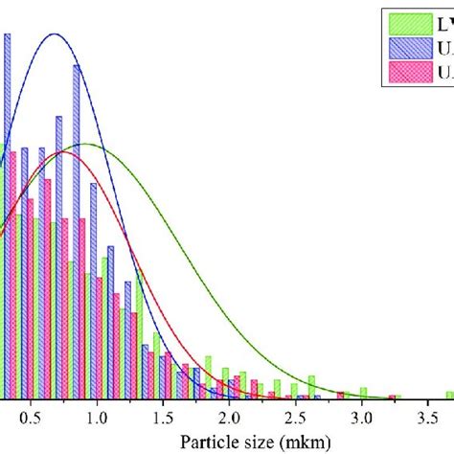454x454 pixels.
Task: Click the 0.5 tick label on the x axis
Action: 31,417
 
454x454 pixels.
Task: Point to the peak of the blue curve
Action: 55,34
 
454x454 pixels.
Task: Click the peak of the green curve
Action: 86,144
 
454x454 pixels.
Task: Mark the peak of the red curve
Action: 65,151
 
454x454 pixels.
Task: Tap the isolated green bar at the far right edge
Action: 449,394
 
